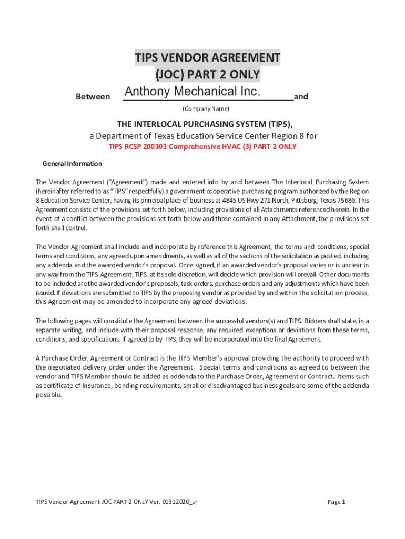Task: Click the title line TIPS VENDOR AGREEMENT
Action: tap(207, 57)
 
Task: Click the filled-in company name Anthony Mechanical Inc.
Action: tap(193, 92)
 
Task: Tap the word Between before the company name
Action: tap(93, 97)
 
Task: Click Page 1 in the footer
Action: tap(336, 502)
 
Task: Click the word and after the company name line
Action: tap(301, 97)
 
